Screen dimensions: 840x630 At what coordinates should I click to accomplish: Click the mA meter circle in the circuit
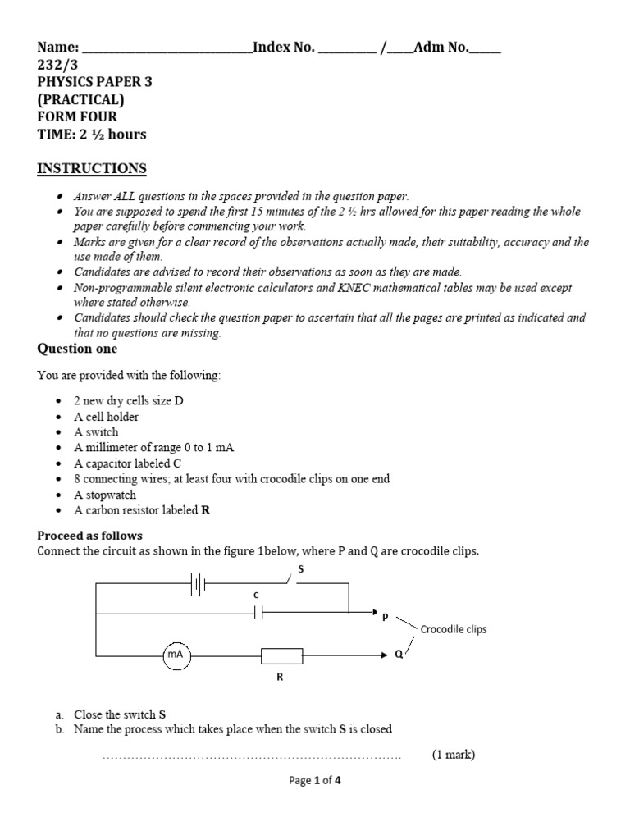tap(176, 655)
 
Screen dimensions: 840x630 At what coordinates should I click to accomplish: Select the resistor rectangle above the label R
tap(281, 655)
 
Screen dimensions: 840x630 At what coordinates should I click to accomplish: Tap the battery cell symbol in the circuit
tap(198, 584)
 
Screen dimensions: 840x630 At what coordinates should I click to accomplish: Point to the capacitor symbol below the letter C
tap(257, 612)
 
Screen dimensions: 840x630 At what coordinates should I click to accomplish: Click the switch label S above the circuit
tap(300, 568)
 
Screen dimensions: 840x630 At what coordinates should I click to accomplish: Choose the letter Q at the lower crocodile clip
tap(399, 655)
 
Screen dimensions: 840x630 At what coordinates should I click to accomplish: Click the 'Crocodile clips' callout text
tap(453, 629)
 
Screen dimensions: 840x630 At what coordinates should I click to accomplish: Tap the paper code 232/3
tap(55, 65)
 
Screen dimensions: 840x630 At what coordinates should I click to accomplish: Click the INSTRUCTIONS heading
tap(92, 169)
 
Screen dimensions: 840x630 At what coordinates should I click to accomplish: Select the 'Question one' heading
tap(77, 349)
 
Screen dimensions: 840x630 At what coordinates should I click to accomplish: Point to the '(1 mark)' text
tap(454, 755)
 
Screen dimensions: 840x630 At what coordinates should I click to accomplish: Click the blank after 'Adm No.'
tap(484, 48)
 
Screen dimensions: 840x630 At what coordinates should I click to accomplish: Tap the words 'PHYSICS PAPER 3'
tap(94, 82)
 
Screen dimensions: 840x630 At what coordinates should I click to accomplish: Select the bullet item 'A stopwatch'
tap(105, 495)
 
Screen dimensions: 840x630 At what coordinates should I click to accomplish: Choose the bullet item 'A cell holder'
tap(106, 416)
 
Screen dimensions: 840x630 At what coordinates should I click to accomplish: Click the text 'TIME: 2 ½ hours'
tap(92, 135)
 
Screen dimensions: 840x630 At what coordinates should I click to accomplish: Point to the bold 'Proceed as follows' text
tap(89, 535)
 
